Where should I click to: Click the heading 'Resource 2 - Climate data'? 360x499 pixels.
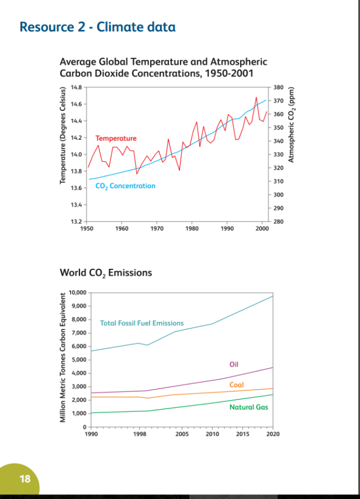(98, 27)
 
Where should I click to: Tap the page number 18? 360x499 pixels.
(25, 479)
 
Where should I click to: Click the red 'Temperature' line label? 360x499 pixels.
(116, 138)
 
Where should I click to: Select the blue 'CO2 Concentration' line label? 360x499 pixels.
(126, 186)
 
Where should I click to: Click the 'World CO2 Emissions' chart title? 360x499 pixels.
(106, 273)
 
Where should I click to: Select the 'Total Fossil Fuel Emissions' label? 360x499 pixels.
(142, 323)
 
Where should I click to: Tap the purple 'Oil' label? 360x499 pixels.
(234, 364)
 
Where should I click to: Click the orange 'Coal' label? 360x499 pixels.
(237, 385)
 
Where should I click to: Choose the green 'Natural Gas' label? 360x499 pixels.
(249, 407)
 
